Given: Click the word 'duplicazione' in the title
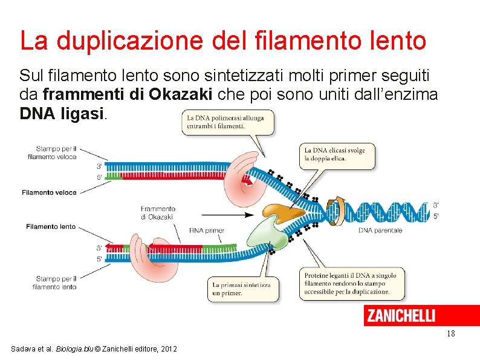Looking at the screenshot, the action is (x=142, y=41).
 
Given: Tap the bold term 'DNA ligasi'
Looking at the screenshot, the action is (x=62, y=113).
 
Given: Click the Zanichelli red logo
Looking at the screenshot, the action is (x=400, y=315).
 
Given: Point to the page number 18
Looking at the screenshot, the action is (x=450, y=334).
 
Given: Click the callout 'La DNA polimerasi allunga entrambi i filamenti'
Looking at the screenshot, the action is (x=227, y=122).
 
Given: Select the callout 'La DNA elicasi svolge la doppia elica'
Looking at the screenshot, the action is (x=337, y=154).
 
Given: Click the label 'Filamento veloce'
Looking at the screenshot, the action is (x=49, y=192).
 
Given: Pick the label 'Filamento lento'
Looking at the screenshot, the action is (x=51, y=226).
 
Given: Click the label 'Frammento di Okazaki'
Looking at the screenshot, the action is (x=158, y=213).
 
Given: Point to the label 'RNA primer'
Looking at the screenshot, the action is (x=207, y=231).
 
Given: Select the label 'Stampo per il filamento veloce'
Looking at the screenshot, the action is (x=56, y=152).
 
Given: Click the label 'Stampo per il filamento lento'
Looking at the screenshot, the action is (x=56, y=283).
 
